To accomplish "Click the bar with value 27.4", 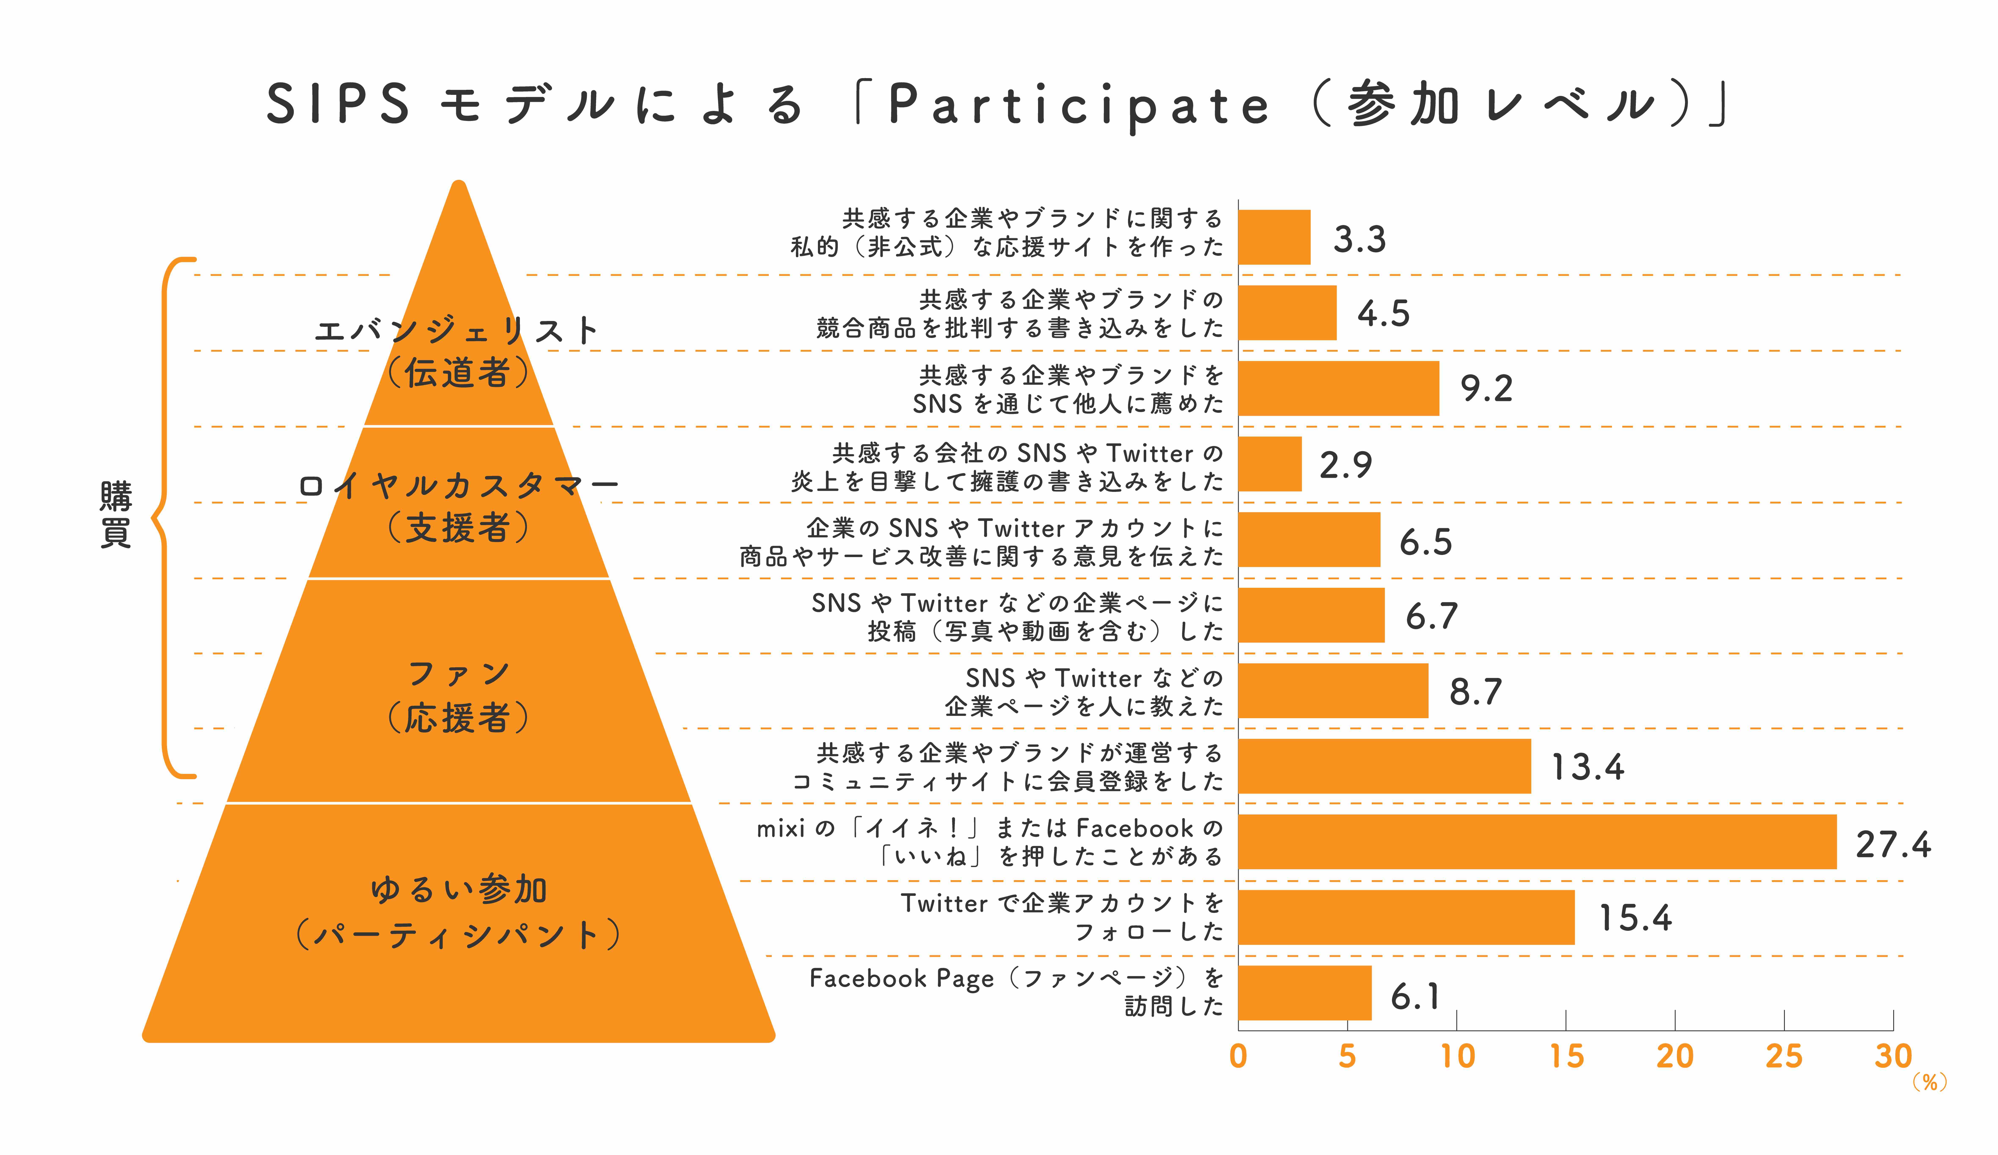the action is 1537,842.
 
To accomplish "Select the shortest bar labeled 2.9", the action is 1270,464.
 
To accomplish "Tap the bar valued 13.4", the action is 1384,766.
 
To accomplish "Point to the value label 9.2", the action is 1487,389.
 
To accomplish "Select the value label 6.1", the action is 1415,997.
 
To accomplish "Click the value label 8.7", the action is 1476,692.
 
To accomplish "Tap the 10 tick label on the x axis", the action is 1457,1057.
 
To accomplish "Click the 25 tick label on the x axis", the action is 1784,1057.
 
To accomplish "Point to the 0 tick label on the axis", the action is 1239,1057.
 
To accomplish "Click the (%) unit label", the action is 1930,1083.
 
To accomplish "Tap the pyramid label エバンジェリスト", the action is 457,330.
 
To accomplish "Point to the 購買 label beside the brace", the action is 116,514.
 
